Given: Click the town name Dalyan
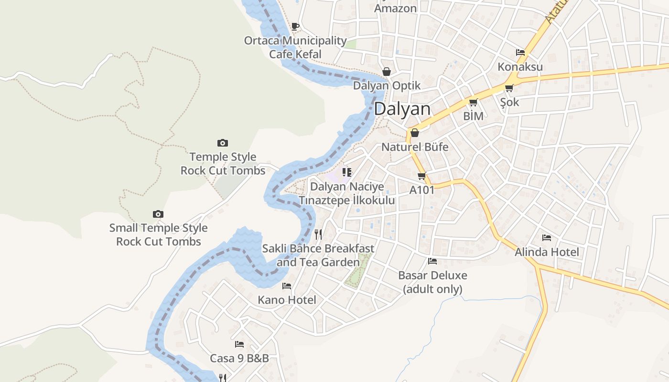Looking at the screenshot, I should [x=402, y=109].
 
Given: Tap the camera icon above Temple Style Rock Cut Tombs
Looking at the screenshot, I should [x=222, y=143].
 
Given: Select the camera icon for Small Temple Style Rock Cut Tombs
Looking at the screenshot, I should [x=158, y=214].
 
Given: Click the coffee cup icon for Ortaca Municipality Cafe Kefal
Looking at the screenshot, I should [x=295, y=26].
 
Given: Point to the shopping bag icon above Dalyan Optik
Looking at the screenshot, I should [x=386, y=72].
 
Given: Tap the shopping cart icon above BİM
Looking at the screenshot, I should [x=473, y=102].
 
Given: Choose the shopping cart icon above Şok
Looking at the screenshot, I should [x=509, y=88].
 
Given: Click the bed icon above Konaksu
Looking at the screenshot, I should [x=520, y=53].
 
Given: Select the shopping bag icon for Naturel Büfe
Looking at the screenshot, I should [x=414, y=133].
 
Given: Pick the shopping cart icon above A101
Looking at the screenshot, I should [x=421, y=176].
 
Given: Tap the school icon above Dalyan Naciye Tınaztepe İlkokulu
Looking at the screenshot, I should [x=346, y=172].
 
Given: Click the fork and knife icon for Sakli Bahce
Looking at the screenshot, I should [x=318, y=234].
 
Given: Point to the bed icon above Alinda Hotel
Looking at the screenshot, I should [x=546, y=238].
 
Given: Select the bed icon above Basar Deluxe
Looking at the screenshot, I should [x=432, y=261].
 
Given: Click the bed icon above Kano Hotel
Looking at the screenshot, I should [x=287, y=286].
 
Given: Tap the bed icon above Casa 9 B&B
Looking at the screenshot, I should [x=239, y=344].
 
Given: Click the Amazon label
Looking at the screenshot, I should [x=395, y=8].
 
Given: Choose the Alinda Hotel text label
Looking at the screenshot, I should [x=547, y=252].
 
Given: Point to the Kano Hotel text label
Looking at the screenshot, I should [x=287, y=300].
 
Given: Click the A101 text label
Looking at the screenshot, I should [x=422, y=190].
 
